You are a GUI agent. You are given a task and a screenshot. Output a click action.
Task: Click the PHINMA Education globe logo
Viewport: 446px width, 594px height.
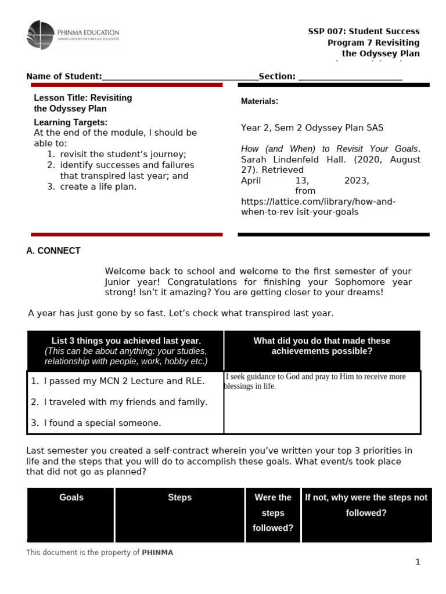pyautogui.click(x=40, y=35)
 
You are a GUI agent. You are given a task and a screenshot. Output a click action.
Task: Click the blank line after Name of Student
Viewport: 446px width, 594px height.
pyautogui.click(x=180, y=77)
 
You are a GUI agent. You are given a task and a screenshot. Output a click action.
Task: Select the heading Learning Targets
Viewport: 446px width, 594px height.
pyautogui.click(x=70, y=122)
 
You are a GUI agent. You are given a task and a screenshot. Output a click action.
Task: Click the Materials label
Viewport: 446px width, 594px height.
pyautogui.click(x=259, y=102)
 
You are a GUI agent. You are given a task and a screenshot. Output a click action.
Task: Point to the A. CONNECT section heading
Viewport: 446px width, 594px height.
pyautogui.click(x=53, y=251)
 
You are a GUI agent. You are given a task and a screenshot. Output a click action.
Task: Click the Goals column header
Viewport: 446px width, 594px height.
pyautogui.click(x=71, y=498)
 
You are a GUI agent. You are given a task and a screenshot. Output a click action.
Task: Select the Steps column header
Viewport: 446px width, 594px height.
pyautogui.click(x=179, y=498)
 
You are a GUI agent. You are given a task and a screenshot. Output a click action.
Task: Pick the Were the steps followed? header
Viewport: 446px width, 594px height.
pyautogui.click(x=273, y=513)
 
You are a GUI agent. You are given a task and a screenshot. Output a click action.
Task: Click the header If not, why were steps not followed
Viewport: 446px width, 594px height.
pyautogui.click(x=366, y=505)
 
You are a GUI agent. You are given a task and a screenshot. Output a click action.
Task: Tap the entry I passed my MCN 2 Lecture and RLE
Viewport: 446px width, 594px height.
pyautogui.click(x=124, y=381)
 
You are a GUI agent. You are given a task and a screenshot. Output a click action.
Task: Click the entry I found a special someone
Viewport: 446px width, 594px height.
pyautogui.click(x=102, y=423)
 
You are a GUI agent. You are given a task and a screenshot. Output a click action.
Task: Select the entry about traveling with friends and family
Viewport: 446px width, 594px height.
pyautogui.click(x=125, y=402)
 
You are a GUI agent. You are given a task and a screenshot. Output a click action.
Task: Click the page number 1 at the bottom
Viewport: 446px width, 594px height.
pyautogui.click(x=417, y=562)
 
